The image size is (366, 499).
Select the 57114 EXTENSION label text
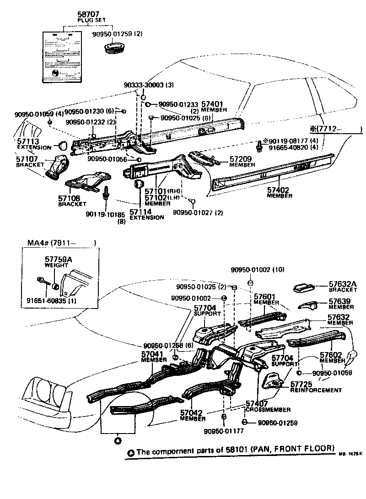coord(146,215)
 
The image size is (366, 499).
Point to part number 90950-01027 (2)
coord(198,212)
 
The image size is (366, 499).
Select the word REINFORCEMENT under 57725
coord(316,390)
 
